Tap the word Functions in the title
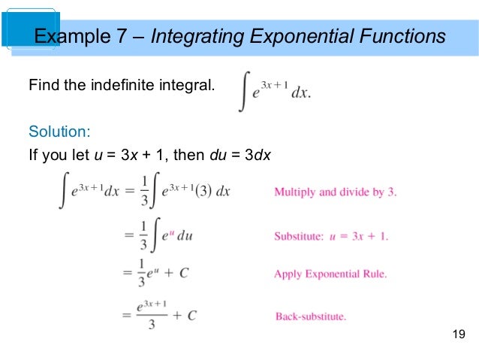pos(399,36)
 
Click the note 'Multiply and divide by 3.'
pos(335,192)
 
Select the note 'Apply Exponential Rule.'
pos(330,274)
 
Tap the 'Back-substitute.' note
pos(311,316)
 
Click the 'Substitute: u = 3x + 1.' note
pos(331,236)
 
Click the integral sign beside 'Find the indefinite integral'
pos(244,92)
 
